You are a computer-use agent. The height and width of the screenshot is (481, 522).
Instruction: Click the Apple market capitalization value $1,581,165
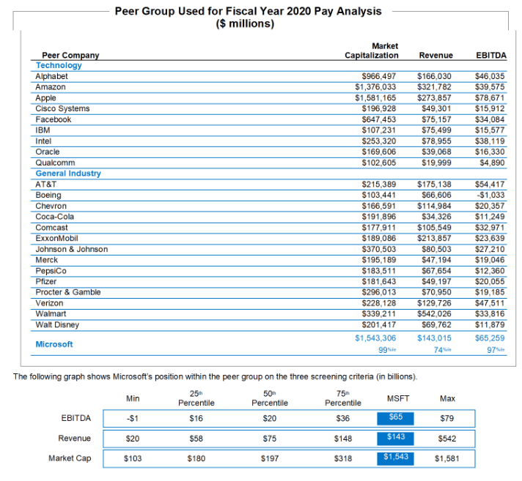pyautogui.click(x=375, y=97)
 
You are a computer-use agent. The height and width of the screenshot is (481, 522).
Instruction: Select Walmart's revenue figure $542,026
pyautogui.click(x=435, y=314)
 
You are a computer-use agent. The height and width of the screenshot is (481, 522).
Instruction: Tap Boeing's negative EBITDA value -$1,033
pyautogui.click(x=492, y=195)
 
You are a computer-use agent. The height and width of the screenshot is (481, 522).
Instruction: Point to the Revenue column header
pyautogui.click(x=435, y=55)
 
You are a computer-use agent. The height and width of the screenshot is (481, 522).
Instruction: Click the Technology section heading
pyautogui.click(x=59, y=65)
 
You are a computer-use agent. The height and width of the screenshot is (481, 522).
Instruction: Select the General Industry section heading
pyautogui.click(x=68, y=174)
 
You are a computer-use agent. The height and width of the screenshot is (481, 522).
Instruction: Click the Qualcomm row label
pyautogui.click(x=55, y=163)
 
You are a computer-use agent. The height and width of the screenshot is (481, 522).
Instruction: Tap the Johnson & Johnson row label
pyautogui.click(x=71, y=250)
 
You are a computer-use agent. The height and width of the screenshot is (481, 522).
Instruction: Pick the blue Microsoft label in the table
pyautogui.click(x=54, y=344)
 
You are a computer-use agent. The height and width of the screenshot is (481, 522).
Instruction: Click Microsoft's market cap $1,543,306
pyautogui.click(x=375, y=338)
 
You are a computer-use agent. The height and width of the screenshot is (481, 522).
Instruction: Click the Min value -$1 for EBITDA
pyautogui.click(x=133, y=419)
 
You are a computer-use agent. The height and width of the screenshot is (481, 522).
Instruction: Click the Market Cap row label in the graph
pyautogui.click(x=70, y=458)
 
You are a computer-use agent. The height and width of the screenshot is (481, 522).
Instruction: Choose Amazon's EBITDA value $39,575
pyautogui.click(x=491, y=87)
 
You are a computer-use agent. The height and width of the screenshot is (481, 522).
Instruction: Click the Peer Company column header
pyautogui.click(x=70, y=55)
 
